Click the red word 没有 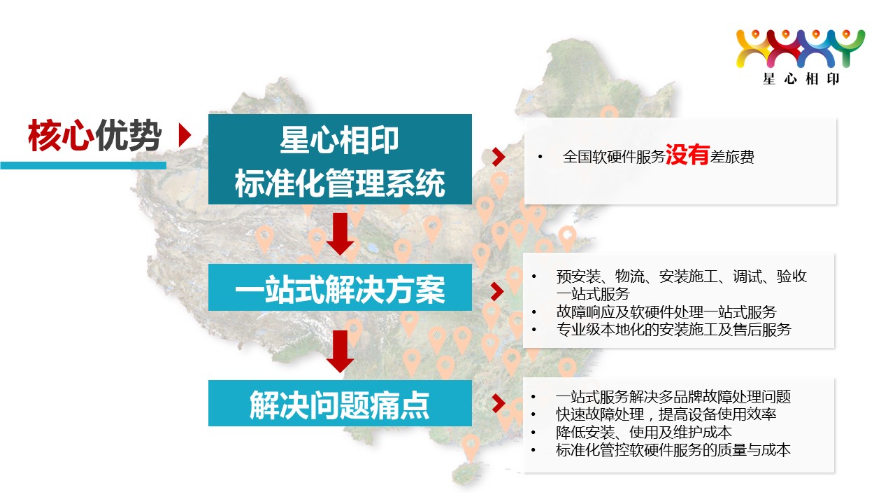coord(687,155)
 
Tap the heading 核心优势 coord(94,135)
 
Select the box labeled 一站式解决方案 coord(340,287)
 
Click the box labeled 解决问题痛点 coord(340,403)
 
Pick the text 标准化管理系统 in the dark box coord(340,183)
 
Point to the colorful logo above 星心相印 coord(801,49)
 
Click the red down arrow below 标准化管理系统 coord(340,234)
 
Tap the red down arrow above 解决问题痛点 coord(340,351)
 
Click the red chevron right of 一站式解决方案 coord(498,291)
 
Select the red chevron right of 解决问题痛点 coord(499,403)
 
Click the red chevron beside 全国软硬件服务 coord(499,157)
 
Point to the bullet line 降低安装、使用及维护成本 coord(644,433)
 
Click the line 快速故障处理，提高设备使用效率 coord(666,414)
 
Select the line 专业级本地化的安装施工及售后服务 coord(673,330)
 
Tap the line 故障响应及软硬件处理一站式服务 coord(666,311)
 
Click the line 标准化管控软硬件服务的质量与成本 coord(673,450)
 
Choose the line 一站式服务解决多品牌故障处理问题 coord(673,397)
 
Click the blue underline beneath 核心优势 coord(83,165)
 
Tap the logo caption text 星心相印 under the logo coord(801,79)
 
